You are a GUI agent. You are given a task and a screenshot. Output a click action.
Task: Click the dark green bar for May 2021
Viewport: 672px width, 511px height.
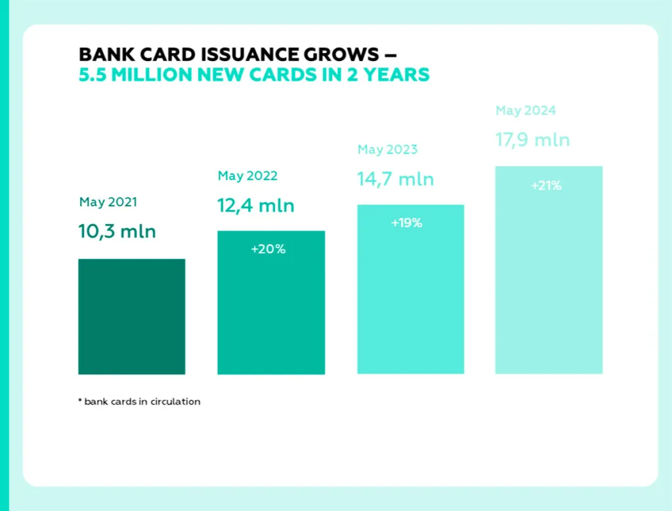tap(131, 317)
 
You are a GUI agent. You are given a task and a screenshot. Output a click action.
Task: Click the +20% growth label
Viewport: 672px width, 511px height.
tap(268, 250)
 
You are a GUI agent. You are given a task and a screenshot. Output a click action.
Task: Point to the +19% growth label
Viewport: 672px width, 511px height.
tap(406, 223)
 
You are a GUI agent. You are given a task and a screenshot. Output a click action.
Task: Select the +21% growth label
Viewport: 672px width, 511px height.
tap(546, 185)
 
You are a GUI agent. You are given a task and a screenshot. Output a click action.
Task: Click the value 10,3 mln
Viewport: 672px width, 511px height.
tap(117, 231)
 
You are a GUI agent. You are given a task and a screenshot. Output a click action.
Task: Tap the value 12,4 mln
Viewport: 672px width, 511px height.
tap(256, 206)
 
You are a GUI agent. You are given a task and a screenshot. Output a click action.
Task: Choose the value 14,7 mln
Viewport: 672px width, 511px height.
tap(396, 179)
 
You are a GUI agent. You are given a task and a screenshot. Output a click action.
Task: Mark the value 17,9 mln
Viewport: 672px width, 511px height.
tap(532, 140)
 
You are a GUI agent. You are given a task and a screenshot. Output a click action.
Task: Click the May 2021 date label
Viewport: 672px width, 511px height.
tap(108, 202)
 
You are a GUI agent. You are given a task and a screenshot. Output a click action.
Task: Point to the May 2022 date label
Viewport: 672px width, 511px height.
tap(247, 175)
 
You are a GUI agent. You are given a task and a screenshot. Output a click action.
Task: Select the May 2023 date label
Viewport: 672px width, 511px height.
tap(387, 149)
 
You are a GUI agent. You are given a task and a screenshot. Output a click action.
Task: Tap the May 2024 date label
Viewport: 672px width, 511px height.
tap(526, 110)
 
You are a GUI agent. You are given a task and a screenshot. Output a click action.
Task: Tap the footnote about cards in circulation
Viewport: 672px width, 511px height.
tap(139, 401)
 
